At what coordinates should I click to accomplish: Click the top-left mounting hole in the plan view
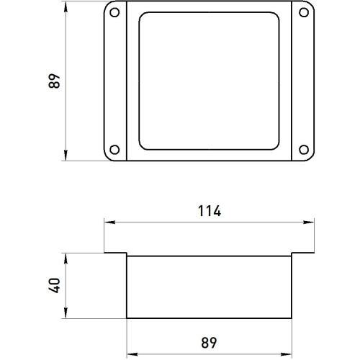(114, 12)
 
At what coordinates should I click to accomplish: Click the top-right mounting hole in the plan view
(304, 12)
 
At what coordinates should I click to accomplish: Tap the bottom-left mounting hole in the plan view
(114, 150)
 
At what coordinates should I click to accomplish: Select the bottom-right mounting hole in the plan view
(304, 150)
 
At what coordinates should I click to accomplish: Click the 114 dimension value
(210, 211)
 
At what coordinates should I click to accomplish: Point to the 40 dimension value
(55, 285)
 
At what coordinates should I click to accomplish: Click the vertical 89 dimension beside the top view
(55, 81)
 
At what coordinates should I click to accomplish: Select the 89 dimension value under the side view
(209, 343)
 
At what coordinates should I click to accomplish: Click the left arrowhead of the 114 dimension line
(109, 222)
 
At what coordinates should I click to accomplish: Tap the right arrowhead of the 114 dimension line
(309, 222)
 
